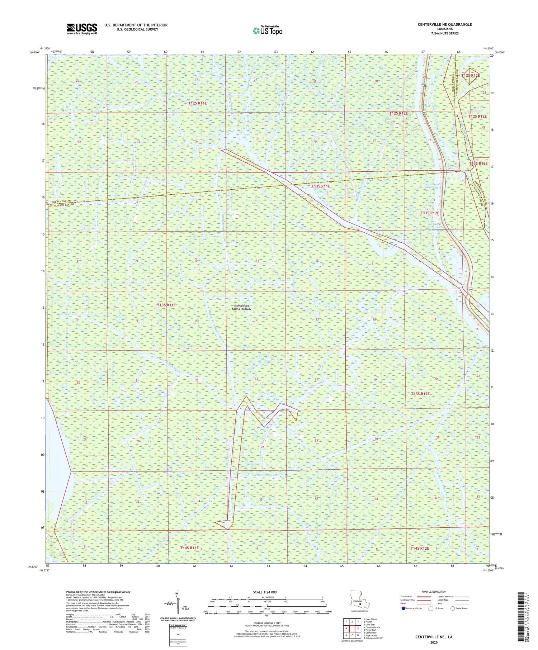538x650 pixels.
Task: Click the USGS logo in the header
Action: pos(81,28)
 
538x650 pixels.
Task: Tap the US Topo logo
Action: pos(267,30)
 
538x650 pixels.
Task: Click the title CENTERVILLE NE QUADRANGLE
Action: pos(444,24)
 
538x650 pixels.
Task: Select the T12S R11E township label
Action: pos(198,103)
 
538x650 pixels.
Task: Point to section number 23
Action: pos(256,379)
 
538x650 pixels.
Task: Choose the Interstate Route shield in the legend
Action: pos(403,608)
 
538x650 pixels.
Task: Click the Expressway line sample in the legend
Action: pos(425,597)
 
